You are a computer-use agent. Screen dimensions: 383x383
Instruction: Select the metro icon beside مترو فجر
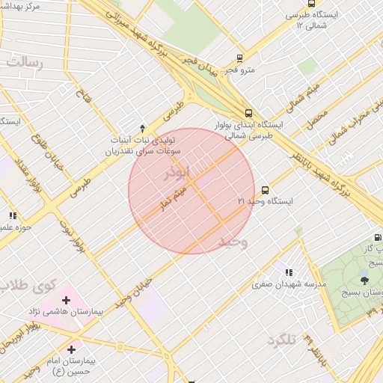[239, 58]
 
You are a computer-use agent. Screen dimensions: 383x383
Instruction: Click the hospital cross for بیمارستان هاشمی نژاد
[67, 301]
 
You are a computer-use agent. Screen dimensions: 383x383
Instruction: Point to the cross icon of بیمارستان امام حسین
[72, 349]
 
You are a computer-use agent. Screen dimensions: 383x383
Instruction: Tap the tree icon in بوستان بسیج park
[364, 281]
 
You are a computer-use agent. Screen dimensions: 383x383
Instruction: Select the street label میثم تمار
[172, 197]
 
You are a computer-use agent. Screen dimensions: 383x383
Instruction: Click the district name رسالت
[24, 63]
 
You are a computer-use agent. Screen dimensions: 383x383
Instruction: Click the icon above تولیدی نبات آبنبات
[143, 129]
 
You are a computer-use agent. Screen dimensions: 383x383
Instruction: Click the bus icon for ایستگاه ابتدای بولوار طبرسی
[249, 113]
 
